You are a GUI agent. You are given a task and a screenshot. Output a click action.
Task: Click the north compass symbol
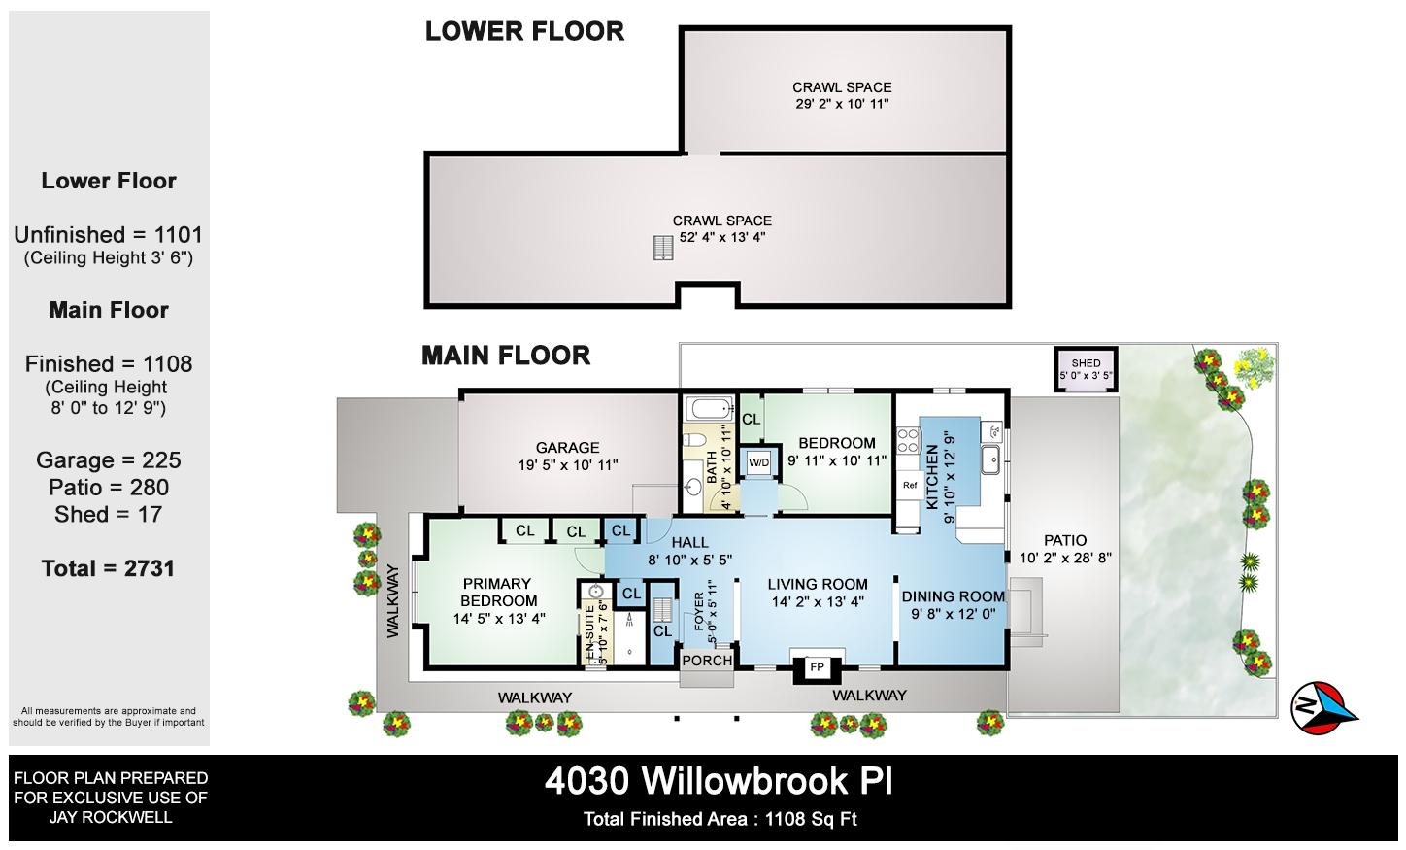pos(1323,707)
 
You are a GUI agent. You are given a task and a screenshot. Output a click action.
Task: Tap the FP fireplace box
pos(817,667)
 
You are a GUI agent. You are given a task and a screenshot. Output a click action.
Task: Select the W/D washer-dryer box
pos(759,463)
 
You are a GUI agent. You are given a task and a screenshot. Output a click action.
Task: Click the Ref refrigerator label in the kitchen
pos(910,485)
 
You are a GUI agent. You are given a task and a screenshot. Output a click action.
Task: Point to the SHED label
pos(1086,363)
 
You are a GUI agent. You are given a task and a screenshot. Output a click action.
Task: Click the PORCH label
pos(708,661)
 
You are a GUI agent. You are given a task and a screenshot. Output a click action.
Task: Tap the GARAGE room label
pos(567,448)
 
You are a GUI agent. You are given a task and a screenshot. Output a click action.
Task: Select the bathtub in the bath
pos(709,409)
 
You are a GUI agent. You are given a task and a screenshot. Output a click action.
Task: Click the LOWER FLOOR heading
pos(524,31)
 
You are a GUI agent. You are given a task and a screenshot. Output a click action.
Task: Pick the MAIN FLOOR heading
pos(506,356)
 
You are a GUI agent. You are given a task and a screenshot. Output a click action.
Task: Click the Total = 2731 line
pos(108,568)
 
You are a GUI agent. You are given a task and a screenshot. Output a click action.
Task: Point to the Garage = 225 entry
pos(109,459)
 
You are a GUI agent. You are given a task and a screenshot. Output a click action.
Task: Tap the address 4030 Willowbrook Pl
pos(719,781)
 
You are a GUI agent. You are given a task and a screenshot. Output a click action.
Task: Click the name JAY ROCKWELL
pos(111,817)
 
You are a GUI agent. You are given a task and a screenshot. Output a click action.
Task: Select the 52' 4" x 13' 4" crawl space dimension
pos(722,237)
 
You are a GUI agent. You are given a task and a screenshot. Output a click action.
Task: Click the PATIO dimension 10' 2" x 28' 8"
pos(1065,558)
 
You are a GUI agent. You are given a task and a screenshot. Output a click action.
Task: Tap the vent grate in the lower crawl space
pos(663,248)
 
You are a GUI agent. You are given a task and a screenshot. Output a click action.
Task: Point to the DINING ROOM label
pos(953,596)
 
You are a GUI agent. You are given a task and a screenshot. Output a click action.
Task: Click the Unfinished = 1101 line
pos(109,235)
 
